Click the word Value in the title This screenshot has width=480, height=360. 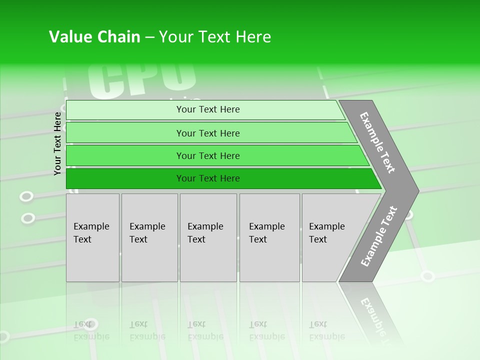click(x=68, y=37)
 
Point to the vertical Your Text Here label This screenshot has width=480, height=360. click(x=57, y=143)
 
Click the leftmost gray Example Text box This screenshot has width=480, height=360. click(x=92, y=237)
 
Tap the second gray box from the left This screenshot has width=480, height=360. click(x=149, y=237)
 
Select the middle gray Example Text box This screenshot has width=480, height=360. click(x=208, y=237)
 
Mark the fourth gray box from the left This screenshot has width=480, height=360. click(x=269, y=237)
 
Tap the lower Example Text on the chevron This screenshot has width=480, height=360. click(x=379, y=236)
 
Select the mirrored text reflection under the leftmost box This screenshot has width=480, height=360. click(x=91, y=330)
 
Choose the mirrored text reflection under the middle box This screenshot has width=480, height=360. click(x=205, y=330)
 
